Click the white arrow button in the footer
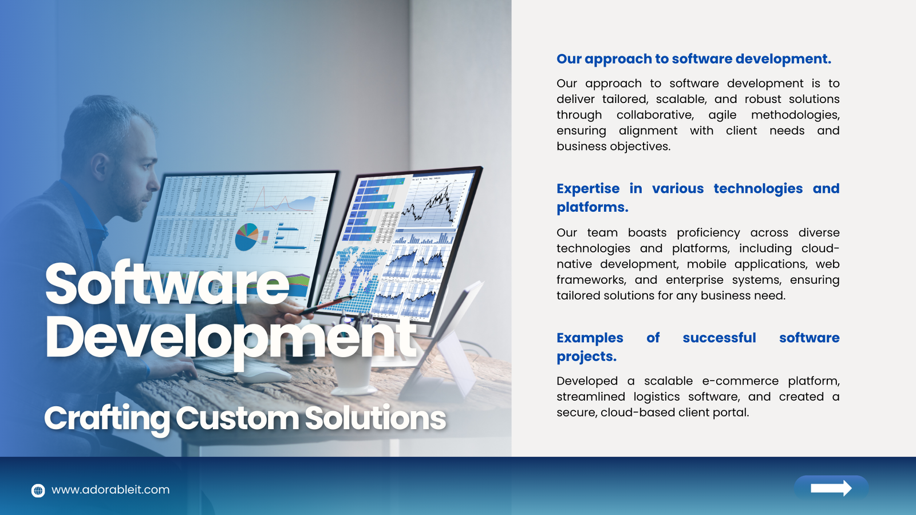(x=831, y=488)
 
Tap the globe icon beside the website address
(x=38, y=490)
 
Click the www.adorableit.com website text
(x=110, y=490)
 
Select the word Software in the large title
(x=167, y=283)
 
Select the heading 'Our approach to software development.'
(x=694, y=60)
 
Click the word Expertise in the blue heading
(x=588, y=188)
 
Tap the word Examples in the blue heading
(x=590, y=338)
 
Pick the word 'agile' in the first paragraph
(x=722, y=115)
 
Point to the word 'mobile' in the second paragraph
(x=706, y=264)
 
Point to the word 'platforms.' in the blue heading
(x=592, y=208)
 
